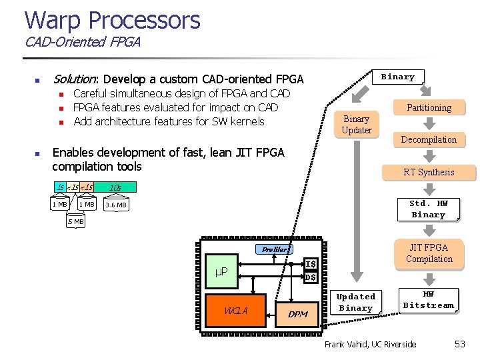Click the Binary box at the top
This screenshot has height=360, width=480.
(398, 77)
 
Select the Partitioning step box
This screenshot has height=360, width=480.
(429, 107)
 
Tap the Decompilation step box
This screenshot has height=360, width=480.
(429, 139)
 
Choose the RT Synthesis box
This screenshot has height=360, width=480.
(429, 172)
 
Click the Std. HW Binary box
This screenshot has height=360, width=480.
(428, 209)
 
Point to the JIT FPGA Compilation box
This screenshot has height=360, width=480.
(429, 253)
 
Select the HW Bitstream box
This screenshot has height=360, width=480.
(429, 299)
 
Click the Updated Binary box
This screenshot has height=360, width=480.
(355, 302)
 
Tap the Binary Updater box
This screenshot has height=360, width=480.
(357, 124)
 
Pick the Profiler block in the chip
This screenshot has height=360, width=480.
(275, 249)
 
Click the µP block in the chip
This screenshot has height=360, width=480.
(222, 271)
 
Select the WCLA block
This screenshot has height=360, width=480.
(236, 311)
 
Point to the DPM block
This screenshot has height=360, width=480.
(297, 313)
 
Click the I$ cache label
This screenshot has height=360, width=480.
(311, 264)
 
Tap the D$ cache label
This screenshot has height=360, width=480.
(311, 277)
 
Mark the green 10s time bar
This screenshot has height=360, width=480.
(115, 187)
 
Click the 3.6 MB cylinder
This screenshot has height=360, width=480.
(116, 205)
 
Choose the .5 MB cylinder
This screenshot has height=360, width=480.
(75, 221)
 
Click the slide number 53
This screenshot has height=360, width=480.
(459, 344)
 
